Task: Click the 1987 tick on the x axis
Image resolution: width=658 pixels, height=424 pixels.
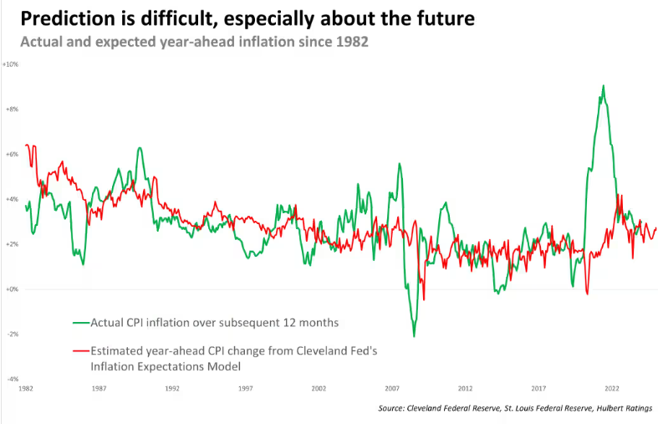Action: click(x=99, y=388)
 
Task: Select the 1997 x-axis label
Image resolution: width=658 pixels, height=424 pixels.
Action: click(x=246, y=388)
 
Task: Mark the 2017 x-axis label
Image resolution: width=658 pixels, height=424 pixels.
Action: click(x=538, y=388)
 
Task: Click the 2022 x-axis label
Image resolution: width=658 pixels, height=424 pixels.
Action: click(x=612, y=388)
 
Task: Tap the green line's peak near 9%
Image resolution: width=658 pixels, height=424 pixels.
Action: click(x=603, y=86)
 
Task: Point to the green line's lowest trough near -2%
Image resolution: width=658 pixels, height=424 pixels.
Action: click(x=414, y=336)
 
